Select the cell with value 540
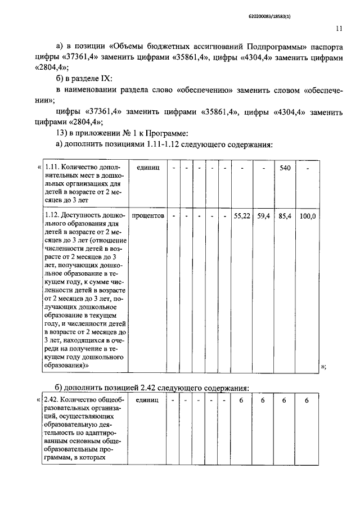click(284, 168)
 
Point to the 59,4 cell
click(263, 215)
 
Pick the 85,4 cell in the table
click(284, 215)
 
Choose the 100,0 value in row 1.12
click(307, 215)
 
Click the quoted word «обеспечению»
click(209, 89)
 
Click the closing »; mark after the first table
click(323, 366)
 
